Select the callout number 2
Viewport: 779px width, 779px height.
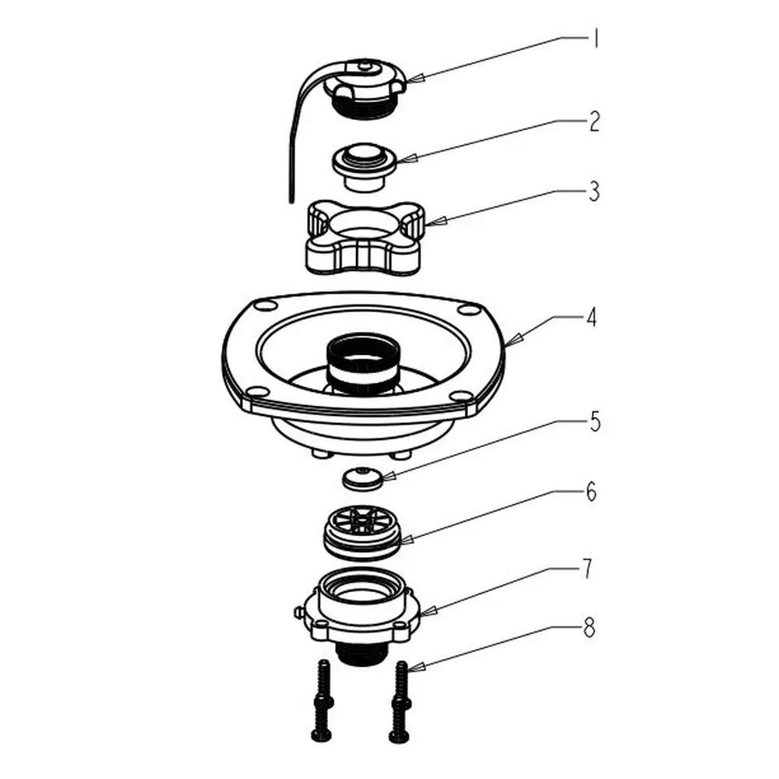coord(594,122)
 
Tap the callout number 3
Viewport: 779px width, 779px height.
coord(594,192)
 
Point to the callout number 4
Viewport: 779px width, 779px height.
coord(590,318)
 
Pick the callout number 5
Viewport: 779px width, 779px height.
coord(594,421)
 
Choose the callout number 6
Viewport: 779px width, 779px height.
coord(591,492)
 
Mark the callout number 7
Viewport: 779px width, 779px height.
coord(587,569)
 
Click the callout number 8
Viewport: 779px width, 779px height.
coord(589,629)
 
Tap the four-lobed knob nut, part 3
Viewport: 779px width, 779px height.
coord(365,237)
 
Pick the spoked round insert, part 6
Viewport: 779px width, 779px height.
coord(363,533)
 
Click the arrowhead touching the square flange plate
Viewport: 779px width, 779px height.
coord(514,340)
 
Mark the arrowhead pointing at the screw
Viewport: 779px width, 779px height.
coord(415,667)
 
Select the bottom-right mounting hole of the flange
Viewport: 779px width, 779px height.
coord(460,396)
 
